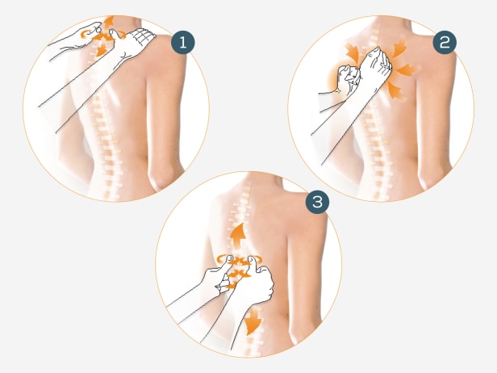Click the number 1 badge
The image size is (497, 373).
(x=183, y=43)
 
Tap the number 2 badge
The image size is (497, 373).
(x=445, y=43)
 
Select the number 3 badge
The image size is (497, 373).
(x=317, y=202)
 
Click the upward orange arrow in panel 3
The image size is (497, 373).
(x=238, y=235)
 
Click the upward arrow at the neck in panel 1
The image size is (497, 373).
(x=109, y=23)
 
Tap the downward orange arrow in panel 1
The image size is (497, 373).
(x=102, y=50)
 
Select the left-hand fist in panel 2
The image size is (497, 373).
(x=348, y=79)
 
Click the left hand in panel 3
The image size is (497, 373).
(x=218, y=276)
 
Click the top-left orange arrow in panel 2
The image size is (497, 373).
(x=352, y=52)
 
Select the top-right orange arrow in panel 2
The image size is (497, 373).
(x=400, y=47)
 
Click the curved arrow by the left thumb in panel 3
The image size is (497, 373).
(x=223, y=259)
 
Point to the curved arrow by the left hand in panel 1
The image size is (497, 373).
(x=86, y=34)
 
